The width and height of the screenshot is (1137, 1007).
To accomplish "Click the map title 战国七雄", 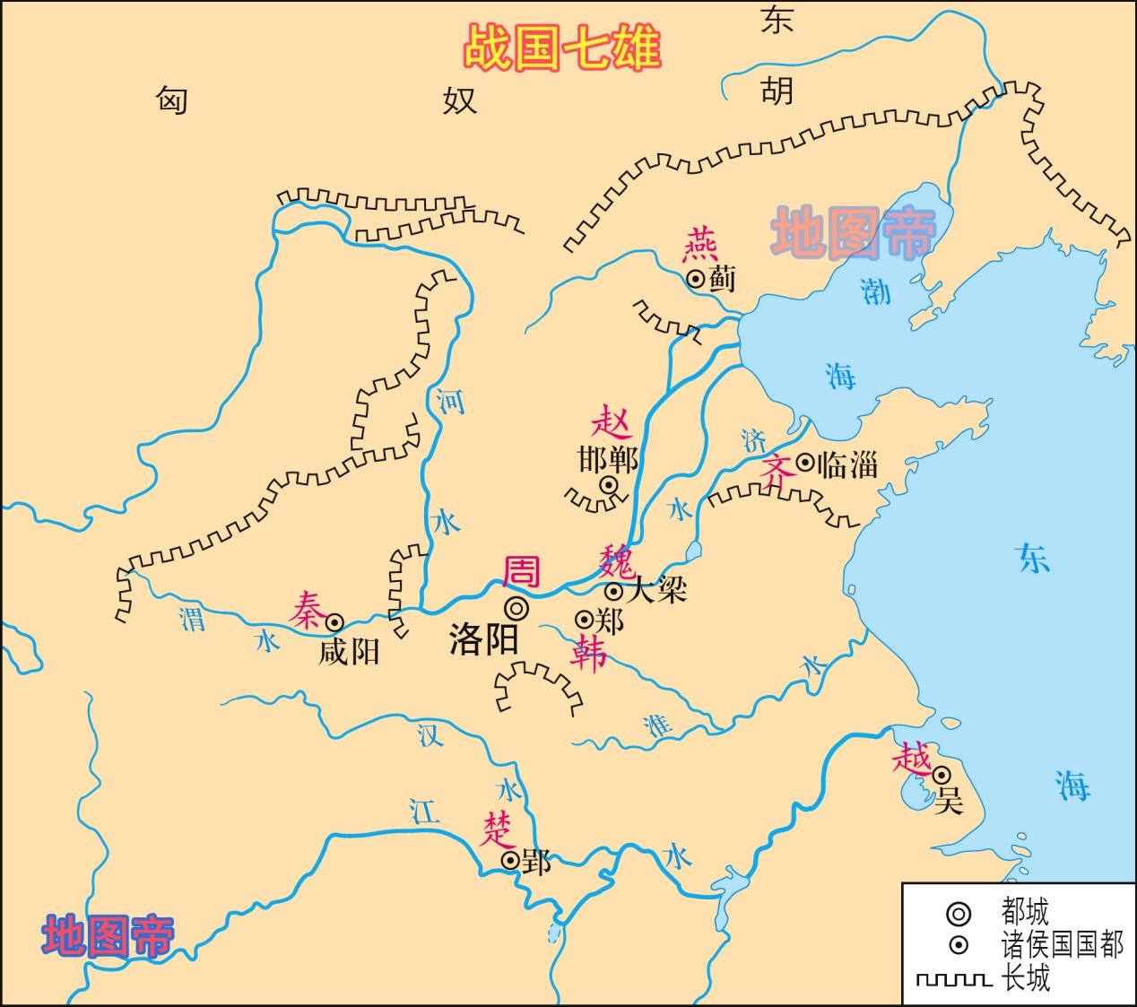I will click(x=562, y=48).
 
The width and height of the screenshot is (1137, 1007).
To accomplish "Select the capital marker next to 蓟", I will click(x=696, y=279).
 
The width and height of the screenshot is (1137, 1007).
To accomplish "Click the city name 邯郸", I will click(x=608, y=460).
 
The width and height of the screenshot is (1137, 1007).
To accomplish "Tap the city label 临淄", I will click(x=846, y=464).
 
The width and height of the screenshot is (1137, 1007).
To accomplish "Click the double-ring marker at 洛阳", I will click(x=516, y=608).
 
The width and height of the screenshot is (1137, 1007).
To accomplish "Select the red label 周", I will click(x=523, y=571).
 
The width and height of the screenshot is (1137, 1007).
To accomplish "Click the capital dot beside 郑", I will click(x=584, y=620).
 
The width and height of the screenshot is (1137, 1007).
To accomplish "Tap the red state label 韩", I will click(x=588, y=653).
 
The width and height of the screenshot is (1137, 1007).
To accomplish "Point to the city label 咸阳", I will click(x=349, y=651).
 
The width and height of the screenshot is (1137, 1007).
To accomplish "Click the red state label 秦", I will click(x=305, y=611).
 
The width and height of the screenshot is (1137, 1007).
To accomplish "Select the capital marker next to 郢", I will click(x=510, y=861).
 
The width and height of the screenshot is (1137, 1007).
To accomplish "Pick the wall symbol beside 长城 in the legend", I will click(x=953, y=978).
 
